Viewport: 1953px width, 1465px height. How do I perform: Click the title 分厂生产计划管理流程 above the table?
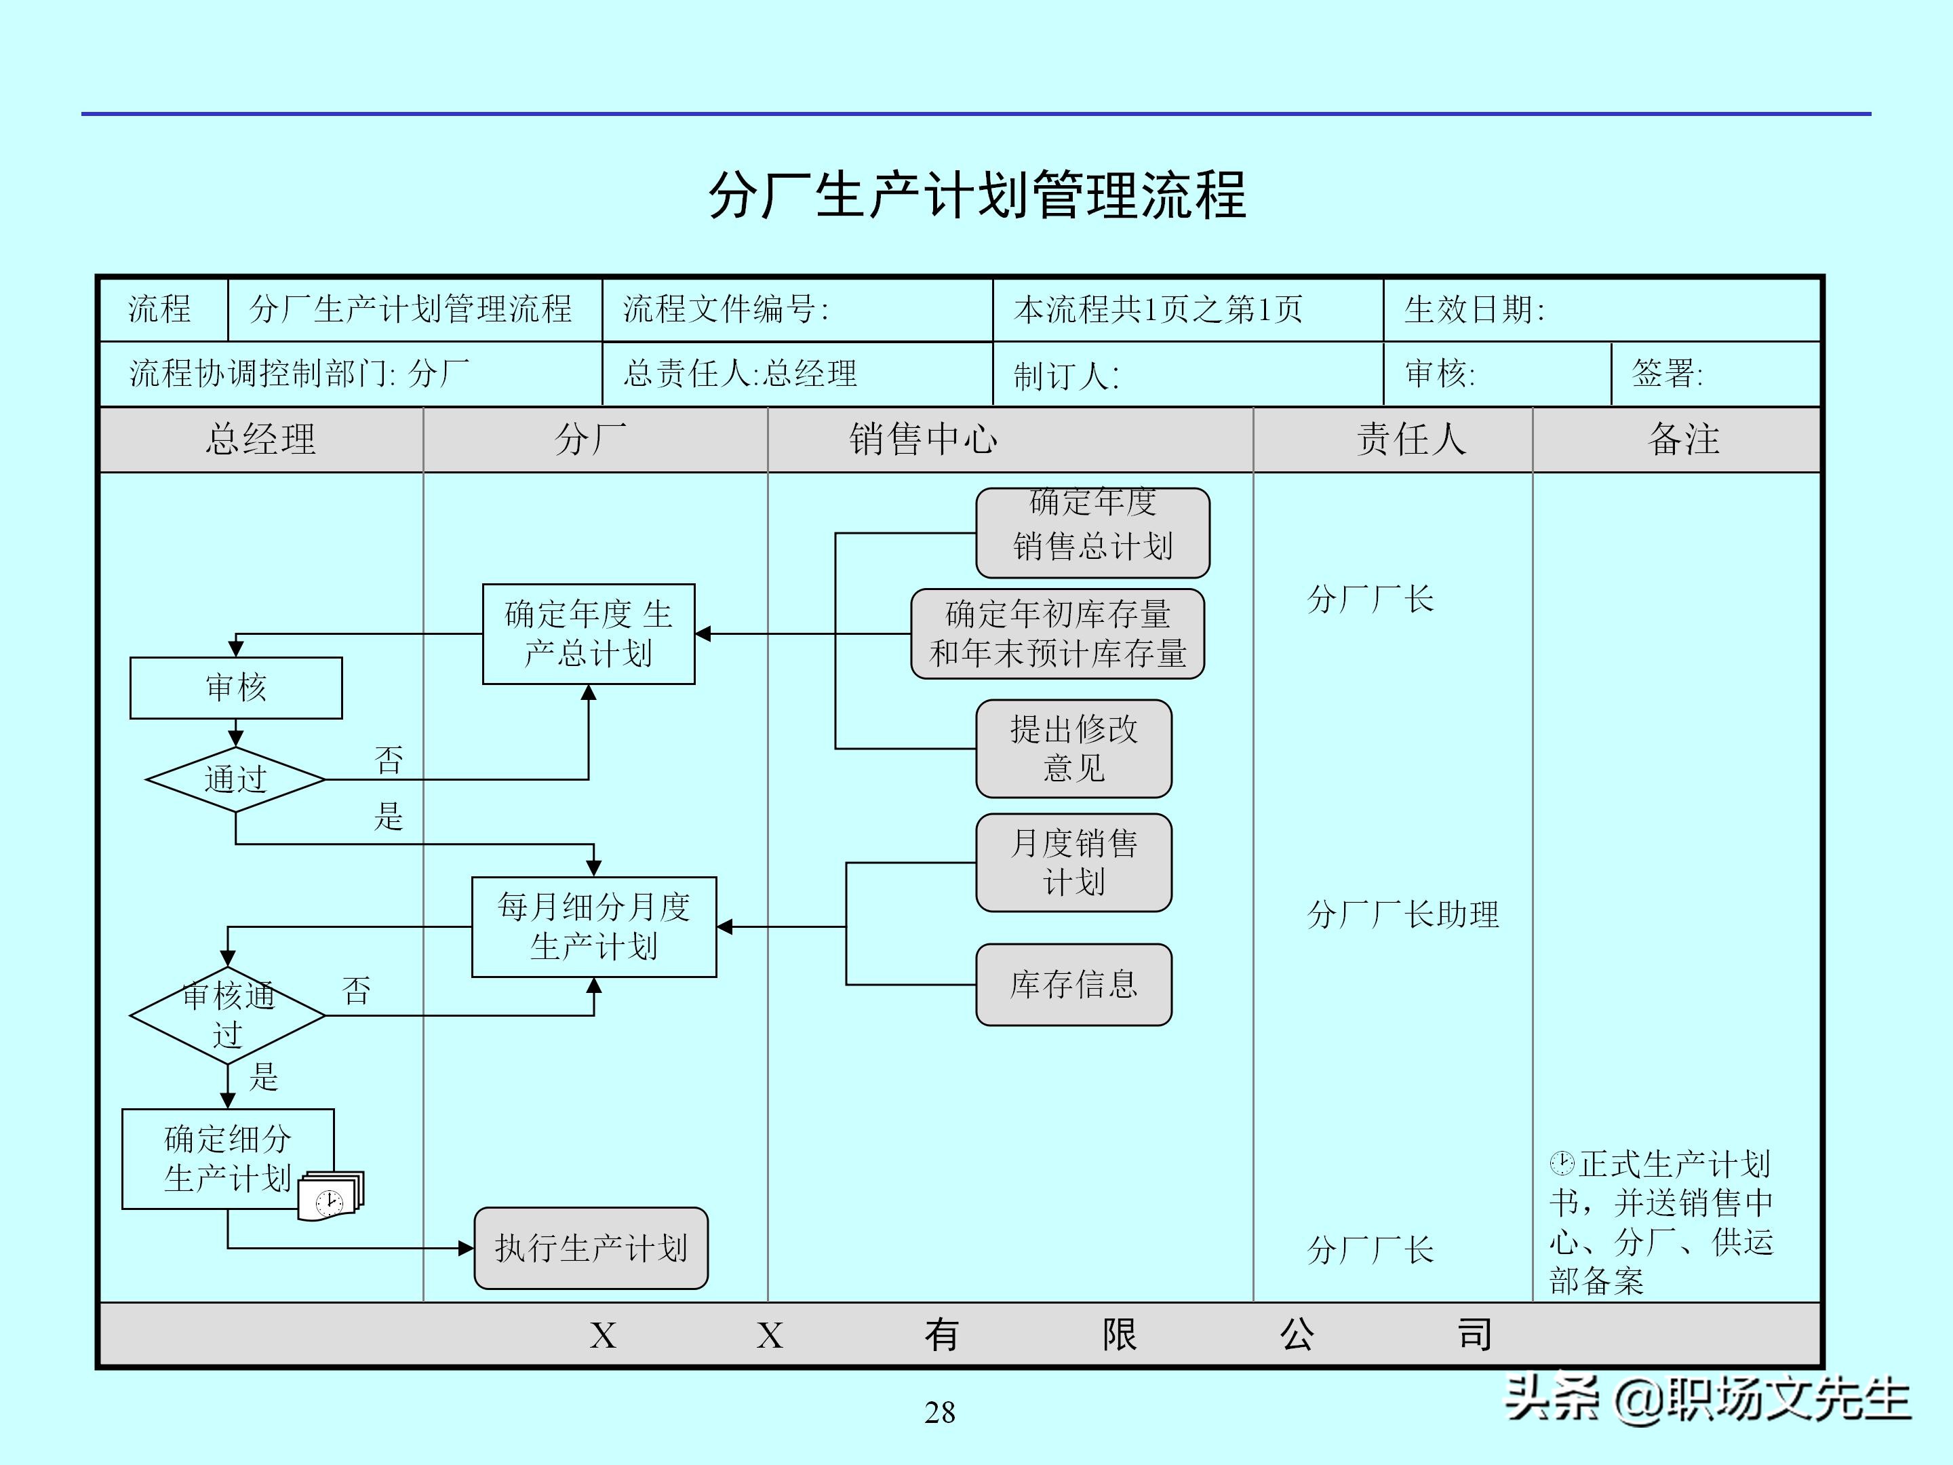[x=976, y=195]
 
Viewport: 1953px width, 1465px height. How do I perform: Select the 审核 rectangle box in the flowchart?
[x=236, y=688]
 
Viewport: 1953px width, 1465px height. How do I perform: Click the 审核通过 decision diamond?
[x=228, y=1015]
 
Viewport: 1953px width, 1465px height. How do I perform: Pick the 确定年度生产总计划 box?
[x=588, y=634]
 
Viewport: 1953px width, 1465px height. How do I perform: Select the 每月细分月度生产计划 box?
[x=593, y=926]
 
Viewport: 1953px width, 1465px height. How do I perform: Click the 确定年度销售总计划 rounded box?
[x=1092, y=532]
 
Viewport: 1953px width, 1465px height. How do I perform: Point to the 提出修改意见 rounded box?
[x=1073, y=749]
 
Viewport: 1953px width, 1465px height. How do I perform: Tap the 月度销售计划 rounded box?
[x=1073, y=863]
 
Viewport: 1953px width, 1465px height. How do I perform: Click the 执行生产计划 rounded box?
[x=591, y=1248]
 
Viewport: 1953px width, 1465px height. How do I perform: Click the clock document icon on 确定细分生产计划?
[x=330, y=1196]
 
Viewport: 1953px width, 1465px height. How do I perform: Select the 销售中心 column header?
[x=923, y=439]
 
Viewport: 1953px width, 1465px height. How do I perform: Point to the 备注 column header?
[x=1683, y=439]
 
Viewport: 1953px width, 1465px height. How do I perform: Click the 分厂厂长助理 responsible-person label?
[x=1402, y=915]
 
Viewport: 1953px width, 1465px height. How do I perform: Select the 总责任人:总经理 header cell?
[x=740, y=374]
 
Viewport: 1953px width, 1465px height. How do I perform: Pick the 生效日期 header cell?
[x=1474, y=310]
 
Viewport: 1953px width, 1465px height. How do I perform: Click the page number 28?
[x=939, y=1413]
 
